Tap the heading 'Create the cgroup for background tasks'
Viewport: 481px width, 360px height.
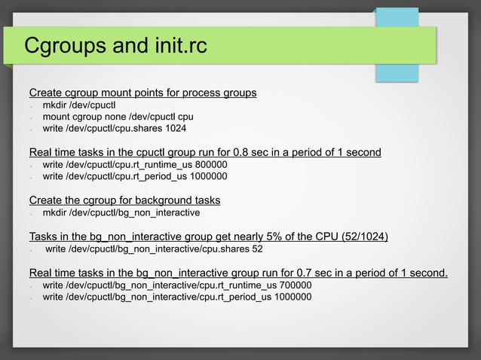[x=124, y=200]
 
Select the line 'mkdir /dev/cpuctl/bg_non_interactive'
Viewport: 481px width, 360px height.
[x=121, y=212]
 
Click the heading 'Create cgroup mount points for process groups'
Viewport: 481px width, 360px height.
[x=142, y=93]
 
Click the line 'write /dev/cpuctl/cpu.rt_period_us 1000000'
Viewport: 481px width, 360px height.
[x=134, y=176]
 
